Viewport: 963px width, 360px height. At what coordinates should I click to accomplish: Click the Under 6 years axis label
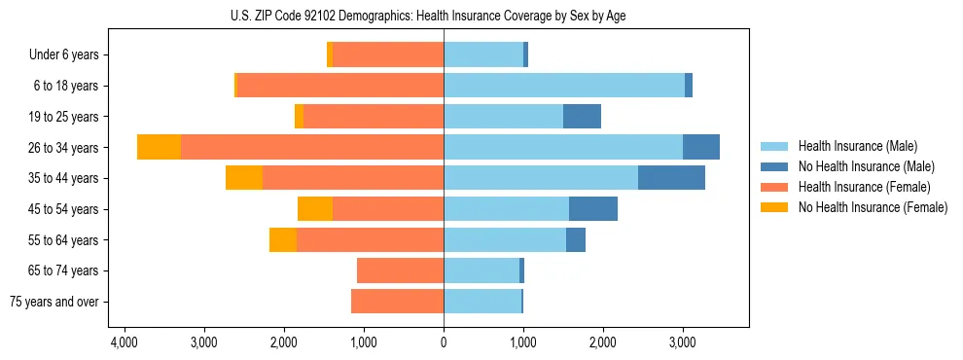tap(63, 55)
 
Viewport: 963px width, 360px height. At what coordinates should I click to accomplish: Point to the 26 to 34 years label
tap(63, 148)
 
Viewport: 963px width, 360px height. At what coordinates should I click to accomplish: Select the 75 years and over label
tap(54, 302)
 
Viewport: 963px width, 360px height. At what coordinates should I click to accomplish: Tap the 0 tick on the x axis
tap(444, 343)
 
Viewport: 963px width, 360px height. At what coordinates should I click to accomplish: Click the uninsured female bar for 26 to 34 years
tap(159, 147)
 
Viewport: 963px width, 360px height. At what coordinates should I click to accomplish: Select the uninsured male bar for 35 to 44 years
tap(671, 178)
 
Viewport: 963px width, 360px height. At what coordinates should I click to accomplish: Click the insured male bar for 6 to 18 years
tap(564, 86)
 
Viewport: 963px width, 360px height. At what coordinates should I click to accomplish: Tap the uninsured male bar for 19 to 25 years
tap(582, 117)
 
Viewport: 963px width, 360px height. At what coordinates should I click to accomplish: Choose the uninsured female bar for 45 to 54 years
tap(315, 209)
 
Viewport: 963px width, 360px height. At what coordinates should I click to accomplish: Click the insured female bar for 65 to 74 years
tap(400, 270)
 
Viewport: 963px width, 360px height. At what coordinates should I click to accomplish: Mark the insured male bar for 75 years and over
tap(482, 302)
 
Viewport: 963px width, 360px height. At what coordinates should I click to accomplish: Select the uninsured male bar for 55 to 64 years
tap(576, 239)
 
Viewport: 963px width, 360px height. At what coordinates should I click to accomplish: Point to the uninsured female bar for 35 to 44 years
tap(244, 178)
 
